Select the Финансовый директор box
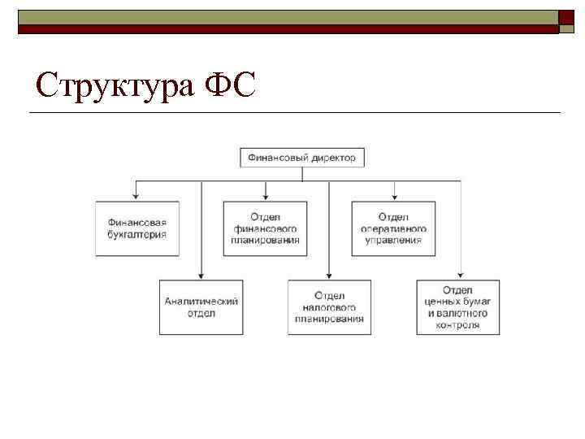coord(301,158)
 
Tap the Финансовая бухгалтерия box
coord(136,228)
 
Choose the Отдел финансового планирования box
coord(266,228)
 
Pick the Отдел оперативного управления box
coord(394,228)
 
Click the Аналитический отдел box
coord(201,306)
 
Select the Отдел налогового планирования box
coord(329,306)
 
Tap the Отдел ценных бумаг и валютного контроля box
coord(458,306)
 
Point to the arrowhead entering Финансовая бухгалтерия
coord(136,196)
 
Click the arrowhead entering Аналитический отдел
coord(201,275)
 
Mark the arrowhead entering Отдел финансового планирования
coord(266,196)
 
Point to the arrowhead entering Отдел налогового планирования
coord(329,275)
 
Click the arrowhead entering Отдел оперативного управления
coord(394,196)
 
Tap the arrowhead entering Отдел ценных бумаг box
coord(460,275)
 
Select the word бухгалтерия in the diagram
coord(136,234)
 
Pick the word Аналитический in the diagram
coord(201,301)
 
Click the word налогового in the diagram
coord(329,307)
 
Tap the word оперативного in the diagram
coord(394,229)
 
